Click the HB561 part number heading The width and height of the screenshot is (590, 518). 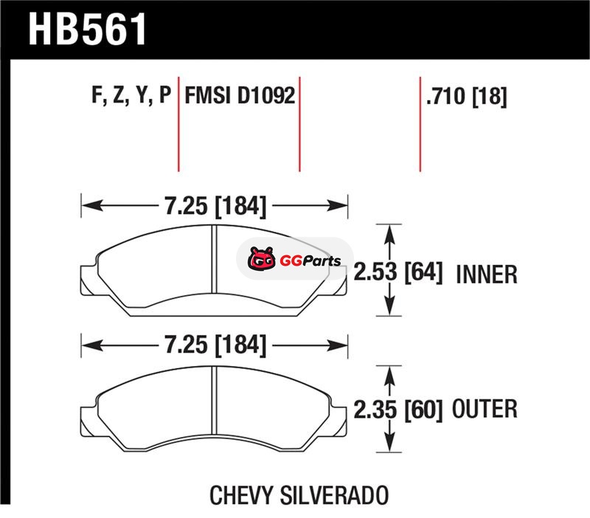87,29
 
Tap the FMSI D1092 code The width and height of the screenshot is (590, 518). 240,95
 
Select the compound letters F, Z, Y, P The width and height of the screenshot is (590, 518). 131,95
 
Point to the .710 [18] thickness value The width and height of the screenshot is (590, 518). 467,97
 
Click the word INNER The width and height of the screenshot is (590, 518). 487,274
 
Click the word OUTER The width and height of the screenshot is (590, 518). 485,409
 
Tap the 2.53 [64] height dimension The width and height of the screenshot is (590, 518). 398,272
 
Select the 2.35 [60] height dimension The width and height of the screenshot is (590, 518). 398,410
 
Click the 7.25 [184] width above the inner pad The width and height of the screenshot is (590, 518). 215,206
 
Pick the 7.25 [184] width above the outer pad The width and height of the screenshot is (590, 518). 215,345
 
